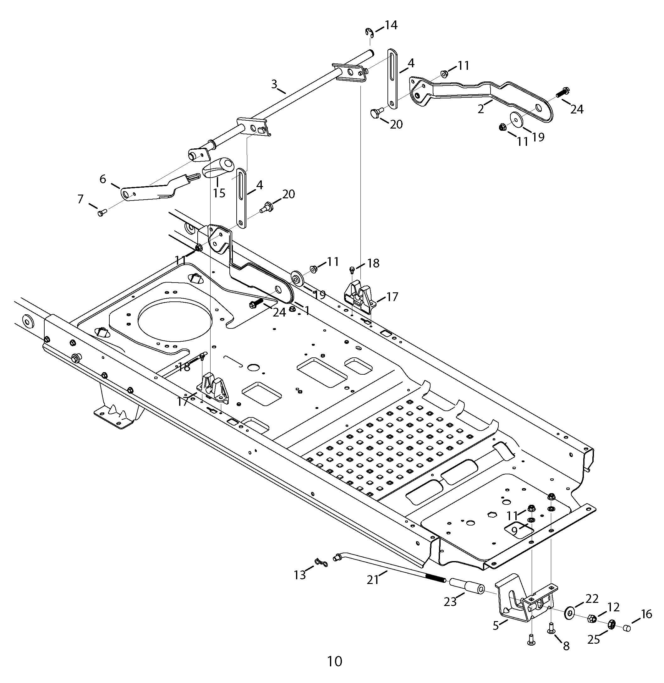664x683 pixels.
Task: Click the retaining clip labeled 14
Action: point(370,32)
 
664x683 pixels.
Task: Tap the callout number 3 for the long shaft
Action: point(274,84)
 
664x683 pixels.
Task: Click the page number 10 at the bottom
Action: point(335,661)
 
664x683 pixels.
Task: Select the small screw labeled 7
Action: point(102,212)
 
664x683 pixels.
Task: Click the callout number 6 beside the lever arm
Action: point(103,179)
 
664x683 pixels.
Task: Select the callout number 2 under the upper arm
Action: point(481,109)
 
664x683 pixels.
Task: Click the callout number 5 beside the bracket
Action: point(496,625)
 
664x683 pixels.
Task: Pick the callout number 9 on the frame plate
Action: point(514,531)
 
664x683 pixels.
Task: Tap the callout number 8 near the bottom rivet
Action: point(566,646)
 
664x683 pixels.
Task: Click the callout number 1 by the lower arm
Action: point(307,311)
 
